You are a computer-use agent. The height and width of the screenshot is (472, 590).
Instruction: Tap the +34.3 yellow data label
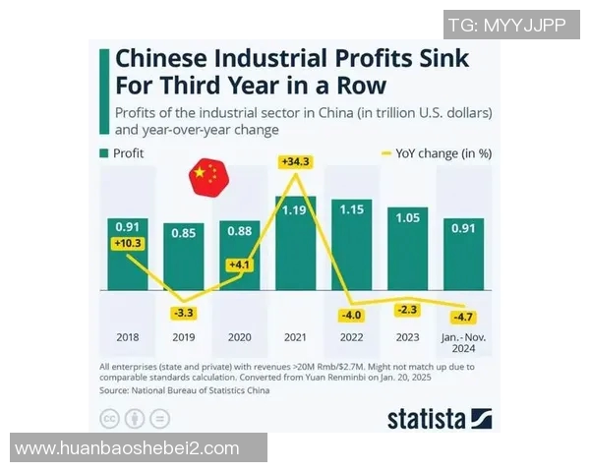[x=295, y=161]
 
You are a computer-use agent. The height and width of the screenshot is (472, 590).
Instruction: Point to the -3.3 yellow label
[x=183, y=314]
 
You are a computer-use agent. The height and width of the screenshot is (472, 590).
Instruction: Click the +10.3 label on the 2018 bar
[x=128, y=243]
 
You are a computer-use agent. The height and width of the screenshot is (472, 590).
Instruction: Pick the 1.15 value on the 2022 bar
[x=351, y=209]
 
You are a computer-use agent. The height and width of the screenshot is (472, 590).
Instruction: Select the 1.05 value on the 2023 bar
[x=407, y=217]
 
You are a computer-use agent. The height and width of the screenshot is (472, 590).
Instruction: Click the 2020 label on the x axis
[x=240, y=336]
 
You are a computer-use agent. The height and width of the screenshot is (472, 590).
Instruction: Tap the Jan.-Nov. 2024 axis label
[x=462, y=342]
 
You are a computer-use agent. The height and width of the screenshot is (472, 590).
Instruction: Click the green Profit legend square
[x=103, y=153]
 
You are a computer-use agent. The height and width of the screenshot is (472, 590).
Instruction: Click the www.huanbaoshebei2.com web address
[x=128, y=448]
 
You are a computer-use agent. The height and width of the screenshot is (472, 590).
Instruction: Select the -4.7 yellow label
[x=462, y=318]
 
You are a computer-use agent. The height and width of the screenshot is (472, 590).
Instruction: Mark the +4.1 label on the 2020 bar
[x=240, y=265]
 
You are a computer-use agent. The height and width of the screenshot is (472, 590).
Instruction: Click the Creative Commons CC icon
[x=110, y=418]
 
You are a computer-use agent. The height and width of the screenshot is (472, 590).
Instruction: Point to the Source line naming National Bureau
[x=187, y=390]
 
